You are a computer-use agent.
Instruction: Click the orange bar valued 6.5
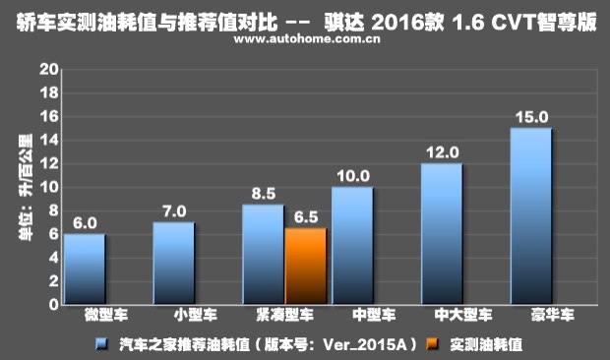[x=305, y=266]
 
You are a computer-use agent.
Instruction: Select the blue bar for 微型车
[x=85, y=269]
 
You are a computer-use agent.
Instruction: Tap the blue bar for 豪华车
[x=531, y=215]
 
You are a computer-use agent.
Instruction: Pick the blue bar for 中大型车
[x=442, y=233]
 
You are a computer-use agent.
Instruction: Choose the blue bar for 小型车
[x=174, y=263]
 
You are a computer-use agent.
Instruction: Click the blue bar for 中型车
[x=352, y=245]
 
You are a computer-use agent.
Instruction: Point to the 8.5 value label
[x=264, y=195]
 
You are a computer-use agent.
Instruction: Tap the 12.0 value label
[x=442, y=152]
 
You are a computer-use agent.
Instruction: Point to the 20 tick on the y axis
[x=44, y=70]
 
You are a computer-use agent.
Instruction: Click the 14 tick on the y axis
[x=44, y=141]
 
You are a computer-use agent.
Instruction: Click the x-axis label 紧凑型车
[x=263, y=318]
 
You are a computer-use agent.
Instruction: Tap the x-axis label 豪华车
[x=531, y=318]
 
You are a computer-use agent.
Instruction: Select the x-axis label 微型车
[x=85, y=318]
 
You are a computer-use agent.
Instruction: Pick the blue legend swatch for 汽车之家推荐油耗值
[x=101, y=343]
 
